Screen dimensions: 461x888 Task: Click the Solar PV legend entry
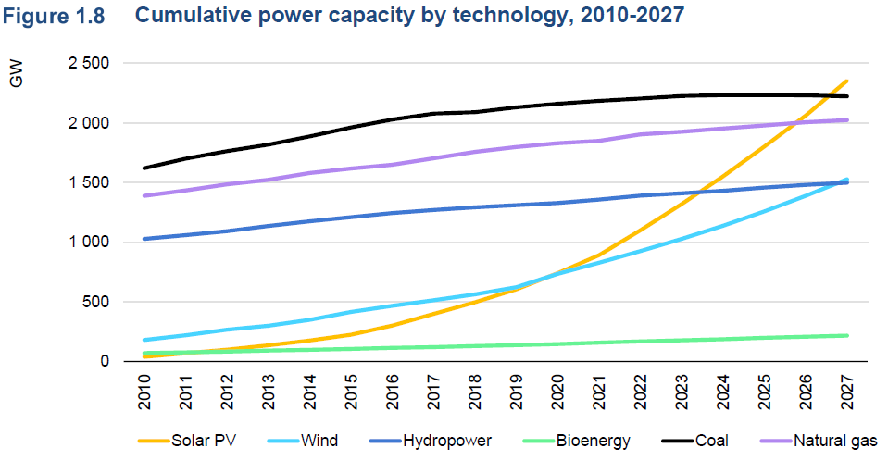click(197, 441)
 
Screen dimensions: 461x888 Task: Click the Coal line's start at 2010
click(144, 168)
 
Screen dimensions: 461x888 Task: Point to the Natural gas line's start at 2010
click(144, 195)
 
